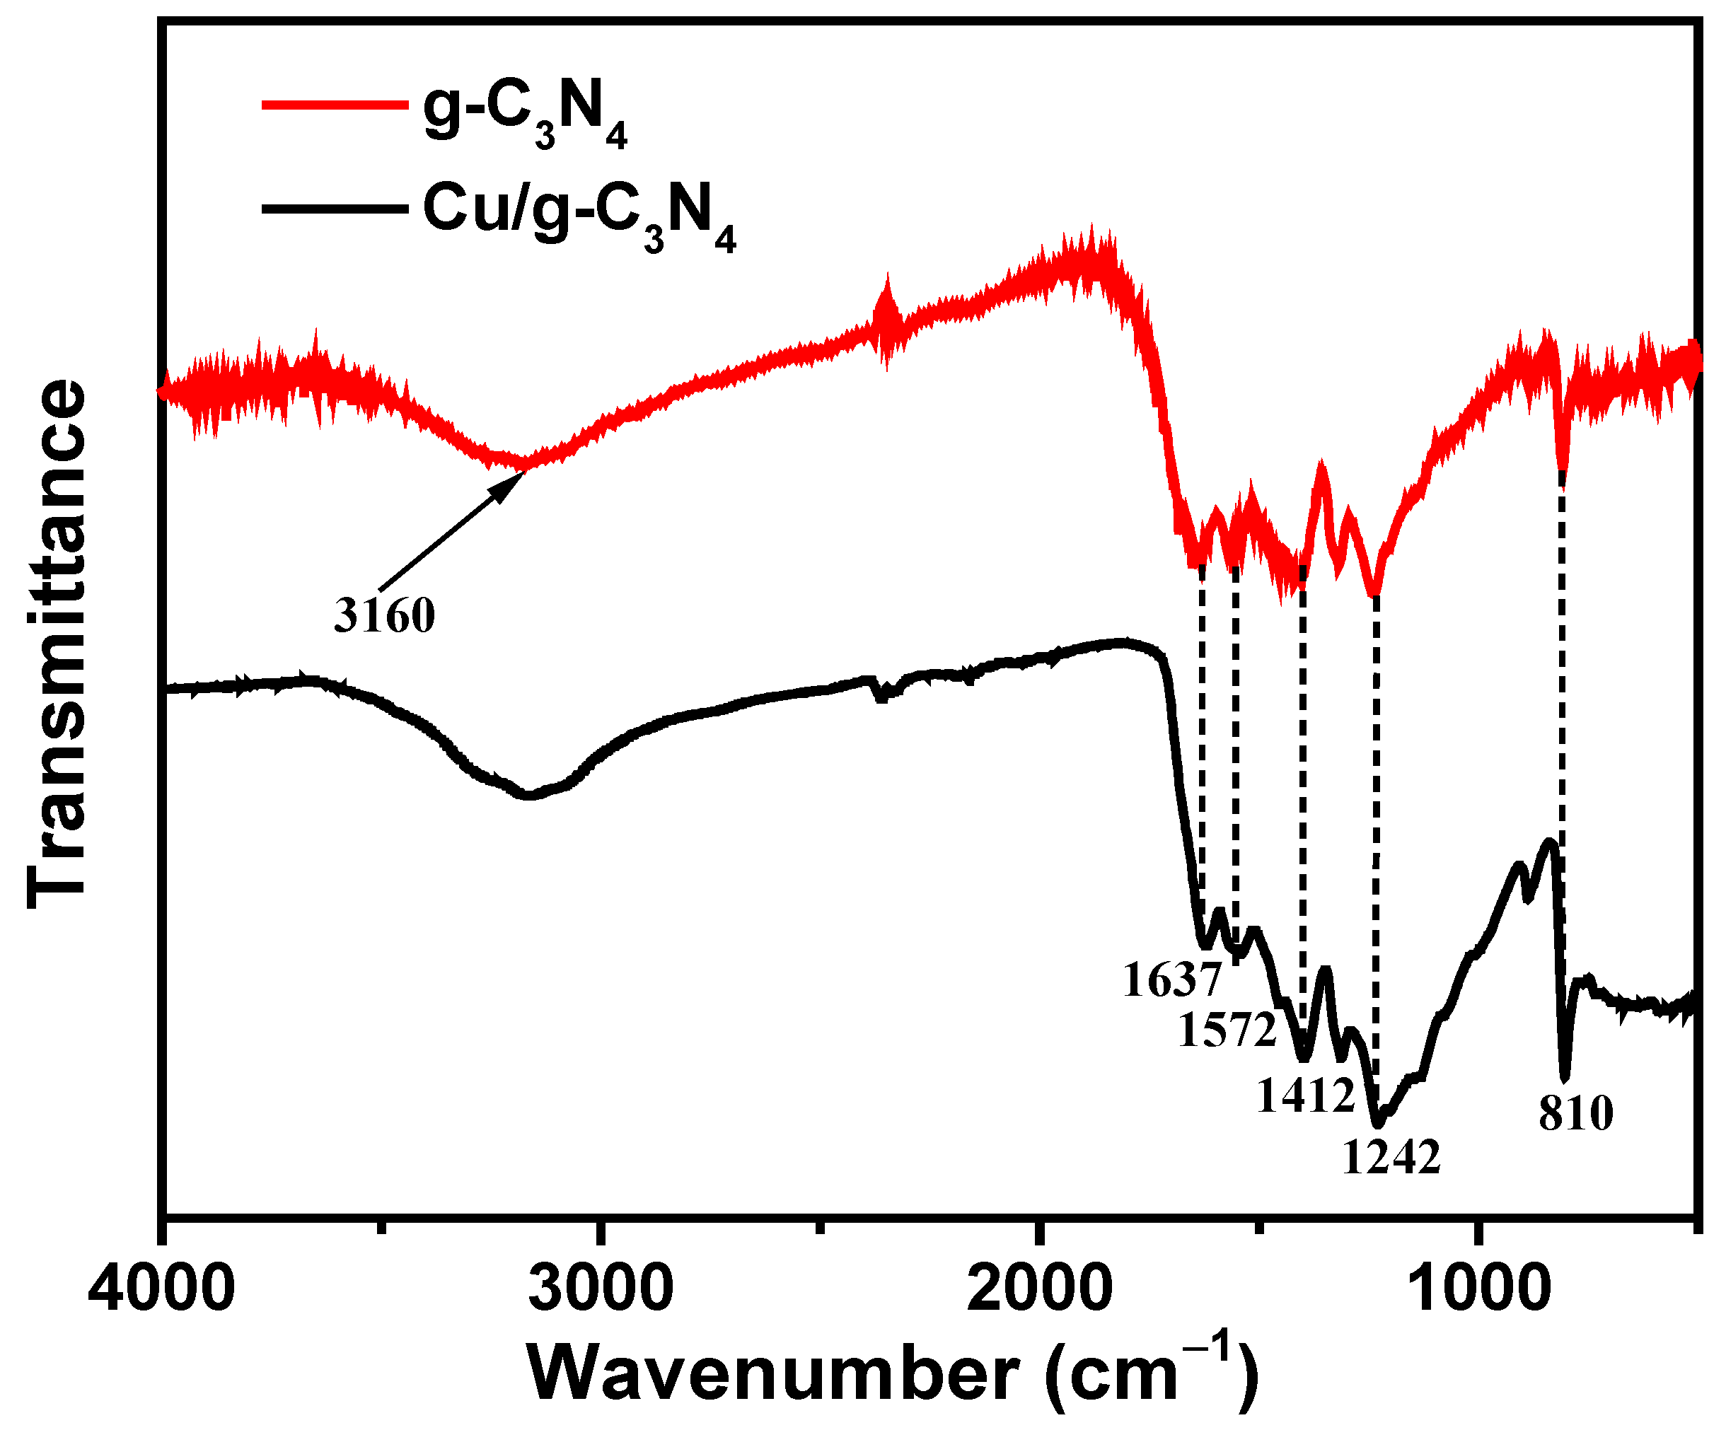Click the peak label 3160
click(384, 615)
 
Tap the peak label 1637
click(1172, 980)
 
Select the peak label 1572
click(1227, 1029)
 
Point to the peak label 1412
click(1305, 1095)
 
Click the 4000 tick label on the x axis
click(162, 1289)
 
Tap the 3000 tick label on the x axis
click(601, 1289)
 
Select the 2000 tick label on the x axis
click(1040, 1289)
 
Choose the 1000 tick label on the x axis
click(1478, 1289)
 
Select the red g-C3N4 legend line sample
click(335, 105)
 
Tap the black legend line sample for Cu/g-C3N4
click(335, 209)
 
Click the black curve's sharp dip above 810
click(1565, 1077)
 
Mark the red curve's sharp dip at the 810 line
click(1563, 477)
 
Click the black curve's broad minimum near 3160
click(530, 796)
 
